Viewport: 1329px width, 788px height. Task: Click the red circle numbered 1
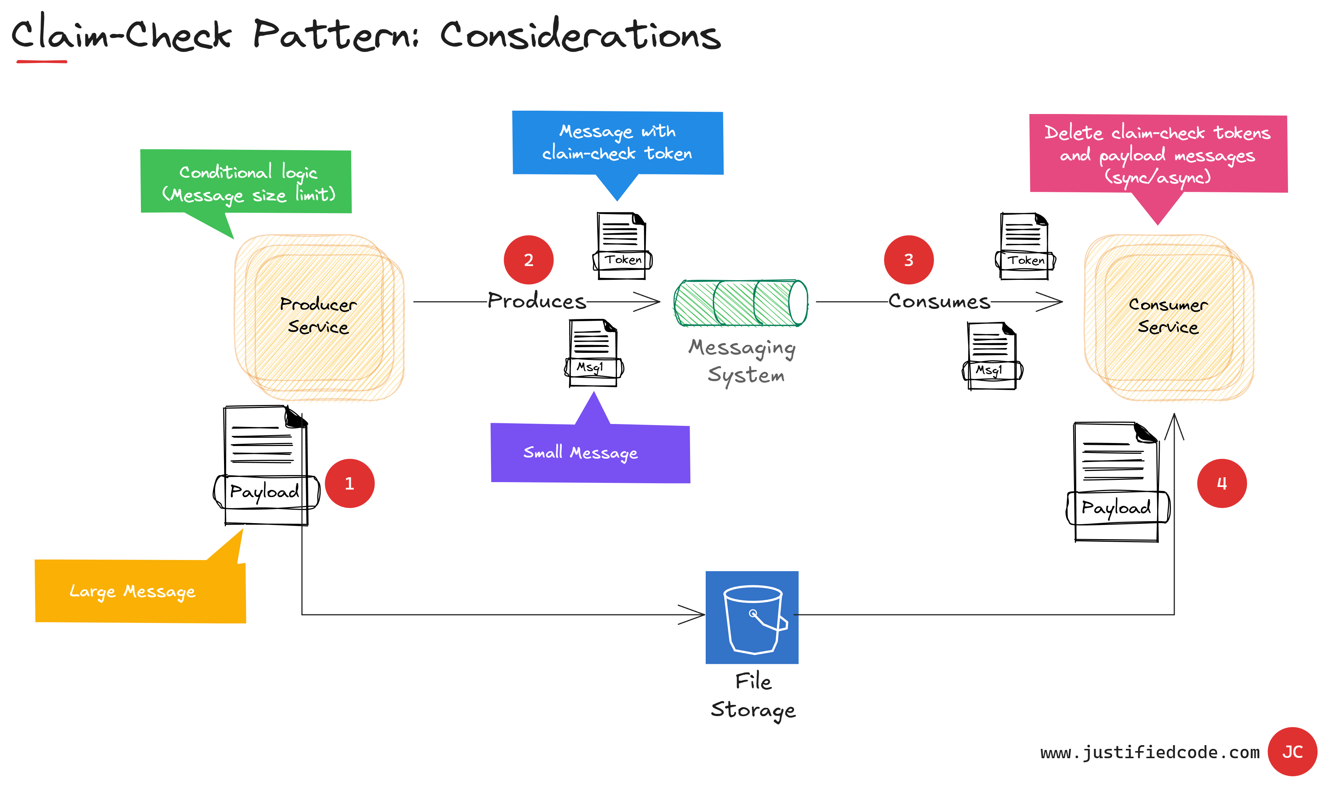pos(350,483)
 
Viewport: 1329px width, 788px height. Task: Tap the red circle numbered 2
pos(529,260)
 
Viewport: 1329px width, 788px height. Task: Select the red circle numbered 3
pos(908,260)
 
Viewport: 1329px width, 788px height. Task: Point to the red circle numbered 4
pos(1222,483)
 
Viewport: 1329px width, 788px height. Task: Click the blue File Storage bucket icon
pos(752,617)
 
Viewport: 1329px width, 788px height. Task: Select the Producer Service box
pos(319,316)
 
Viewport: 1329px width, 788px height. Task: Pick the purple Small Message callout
pos(590,453)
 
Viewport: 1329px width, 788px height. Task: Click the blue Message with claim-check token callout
pos(617,142)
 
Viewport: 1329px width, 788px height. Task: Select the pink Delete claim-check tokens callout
pos(1158,154)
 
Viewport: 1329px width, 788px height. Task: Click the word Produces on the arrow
pos(536,301)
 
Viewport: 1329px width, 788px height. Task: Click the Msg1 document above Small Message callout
pos(593,353)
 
